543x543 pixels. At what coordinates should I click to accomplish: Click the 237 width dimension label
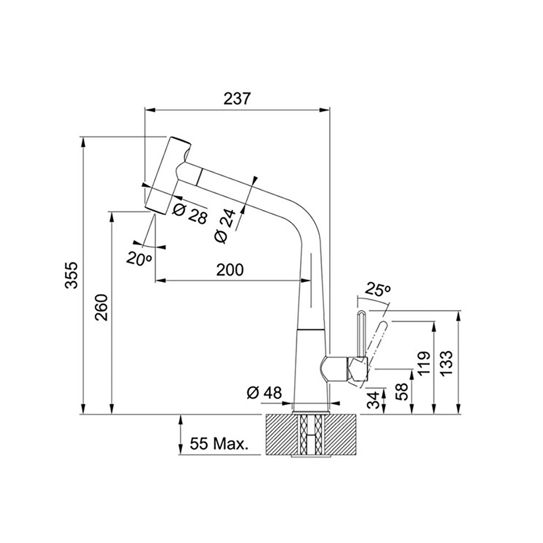point(237,99)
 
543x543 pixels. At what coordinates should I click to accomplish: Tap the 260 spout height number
point(101,307)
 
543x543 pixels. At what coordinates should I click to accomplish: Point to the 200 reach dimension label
point(230,270)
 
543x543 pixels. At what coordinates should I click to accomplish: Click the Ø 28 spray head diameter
point(191,214)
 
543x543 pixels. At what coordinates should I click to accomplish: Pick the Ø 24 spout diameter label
point(225,226)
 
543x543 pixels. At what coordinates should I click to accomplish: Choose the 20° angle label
point(139,259)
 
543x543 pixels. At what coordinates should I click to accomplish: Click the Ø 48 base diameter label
point(264,392)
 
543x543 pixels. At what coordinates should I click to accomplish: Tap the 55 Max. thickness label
point(219,444)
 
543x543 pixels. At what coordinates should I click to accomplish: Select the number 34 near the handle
point(374,400)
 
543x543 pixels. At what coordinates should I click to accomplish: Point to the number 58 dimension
point(402,392)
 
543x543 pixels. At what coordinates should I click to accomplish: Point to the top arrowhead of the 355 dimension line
point(83,142)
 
